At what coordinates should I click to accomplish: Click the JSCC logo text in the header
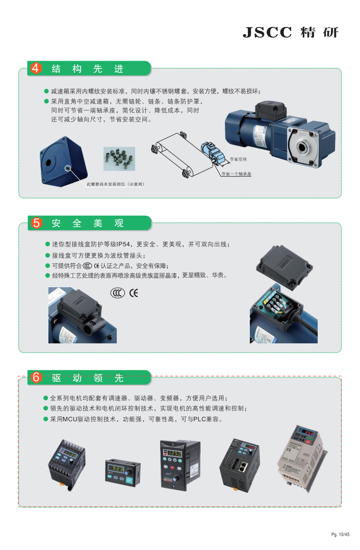pos(268,32)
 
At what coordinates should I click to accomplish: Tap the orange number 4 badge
pos(35,68)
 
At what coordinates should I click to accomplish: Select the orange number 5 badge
pos(36,223)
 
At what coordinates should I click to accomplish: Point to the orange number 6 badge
pos(36,378)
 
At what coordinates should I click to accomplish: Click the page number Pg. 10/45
pos(340,534)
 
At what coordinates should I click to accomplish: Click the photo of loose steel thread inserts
pos(119,159)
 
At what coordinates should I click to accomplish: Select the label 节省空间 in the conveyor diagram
pos(238,159)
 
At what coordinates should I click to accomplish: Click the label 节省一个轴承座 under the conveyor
pos(236,173)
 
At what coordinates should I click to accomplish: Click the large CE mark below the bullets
pos(134,293)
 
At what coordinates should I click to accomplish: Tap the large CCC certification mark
pos(117,293)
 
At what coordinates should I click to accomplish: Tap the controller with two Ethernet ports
pos(240,465)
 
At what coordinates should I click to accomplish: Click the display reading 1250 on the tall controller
pos(174,454)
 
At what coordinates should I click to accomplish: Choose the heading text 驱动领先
pos(88,378)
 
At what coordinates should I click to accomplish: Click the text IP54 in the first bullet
pos(123,244)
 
